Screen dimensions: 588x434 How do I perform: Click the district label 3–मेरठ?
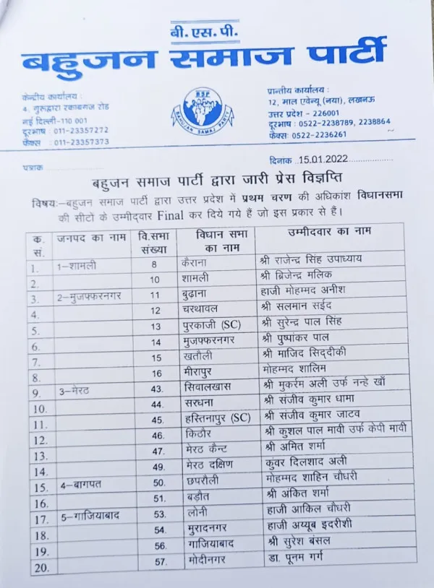click(x=75, y=391)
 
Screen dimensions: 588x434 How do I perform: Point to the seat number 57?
click(x=158, y=561)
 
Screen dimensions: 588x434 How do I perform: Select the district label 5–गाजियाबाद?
click(x=90, y=516)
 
